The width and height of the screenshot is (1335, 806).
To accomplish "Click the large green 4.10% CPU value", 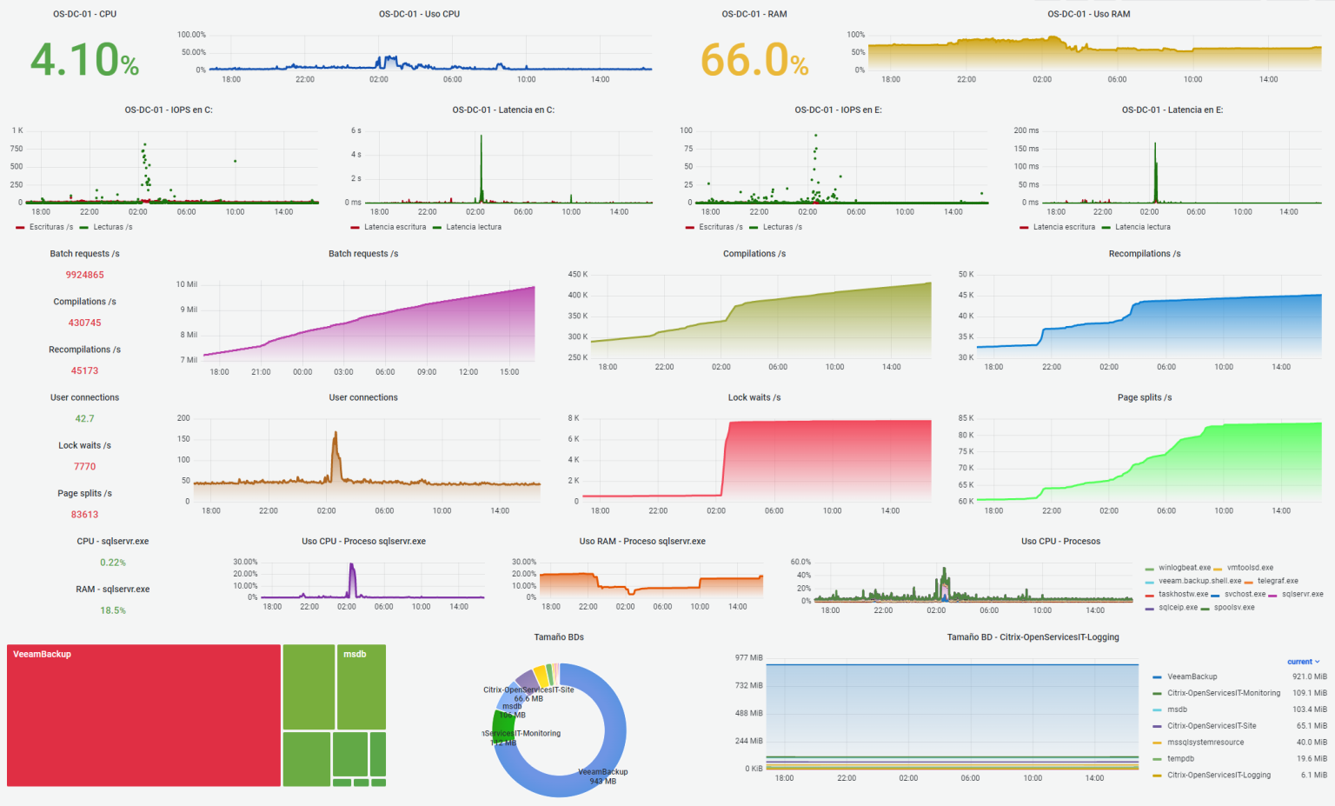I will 84,60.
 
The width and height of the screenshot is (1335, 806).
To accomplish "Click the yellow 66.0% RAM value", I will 754,60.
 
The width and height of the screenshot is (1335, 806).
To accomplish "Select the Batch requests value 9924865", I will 84,275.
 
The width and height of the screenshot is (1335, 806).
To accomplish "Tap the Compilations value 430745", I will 84,323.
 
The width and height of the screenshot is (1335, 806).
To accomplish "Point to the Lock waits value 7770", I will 84,467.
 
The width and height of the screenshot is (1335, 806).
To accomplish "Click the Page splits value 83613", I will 84,515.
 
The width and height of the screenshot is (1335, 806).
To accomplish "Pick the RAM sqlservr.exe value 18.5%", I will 112,610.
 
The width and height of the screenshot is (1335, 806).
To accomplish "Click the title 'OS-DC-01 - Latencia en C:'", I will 503,110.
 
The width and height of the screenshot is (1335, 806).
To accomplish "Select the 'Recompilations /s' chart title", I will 1144,254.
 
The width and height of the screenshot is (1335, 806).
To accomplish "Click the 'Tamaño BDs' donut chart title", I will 558,637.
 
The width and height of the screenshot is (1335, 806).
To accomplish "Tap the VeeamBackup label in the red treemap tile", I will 42,654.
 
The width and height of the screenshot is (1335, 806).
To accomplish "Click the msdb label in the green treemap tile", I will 355,654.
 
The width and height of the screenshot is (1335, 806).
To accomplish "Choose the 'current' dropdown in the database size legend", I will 1303,662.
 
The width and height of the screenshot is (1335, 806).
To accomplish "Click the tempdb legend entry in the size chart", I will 1180,759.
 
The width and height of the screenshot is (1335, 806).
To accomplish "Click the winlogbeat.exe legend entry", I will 1184,568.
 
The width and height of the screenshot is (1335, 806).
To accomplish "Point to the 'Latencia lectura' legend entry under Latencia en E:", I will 1142,227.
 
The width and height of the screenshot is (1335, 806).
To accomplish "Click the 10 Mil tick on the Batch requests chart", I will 186,284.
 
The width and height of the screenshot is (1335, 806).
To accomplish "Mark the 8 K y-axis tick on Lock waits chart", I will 573,418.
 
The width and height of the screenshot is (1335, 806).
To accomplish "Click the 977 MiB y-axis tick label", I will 748,657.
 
